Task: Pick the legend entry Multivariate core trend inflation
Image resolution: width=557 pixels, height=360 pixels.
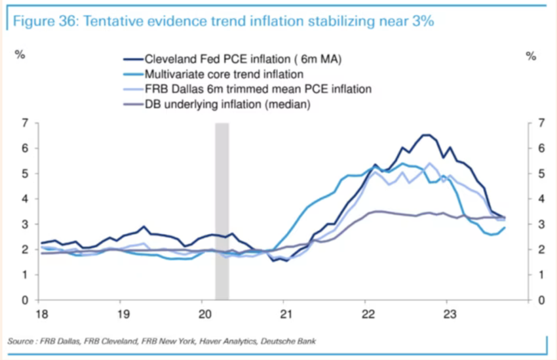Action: [x=223, y=74]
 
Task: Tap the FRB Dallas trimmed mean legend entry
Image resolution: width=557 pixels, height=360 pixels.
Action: [x=258, y=89]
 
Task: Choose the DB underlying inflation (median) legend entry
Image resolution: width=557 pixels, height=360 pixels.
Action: [x=227, y=103]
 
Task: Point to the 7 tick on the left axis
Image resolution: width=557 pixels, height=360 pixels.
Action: [x=26, y=123]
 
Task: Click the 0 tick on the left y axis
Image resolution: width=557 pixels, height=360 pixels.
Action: [x=26, y=300]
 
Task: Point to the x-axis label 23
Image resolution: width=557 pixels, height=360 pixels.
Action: [x=447, y=313]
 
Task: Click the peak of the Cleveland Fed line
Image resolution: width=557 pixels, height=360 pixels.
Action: [x=425, y=135]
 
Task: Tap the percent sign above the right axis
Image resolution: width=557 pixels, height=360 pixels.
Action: [x=531, y=56]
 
